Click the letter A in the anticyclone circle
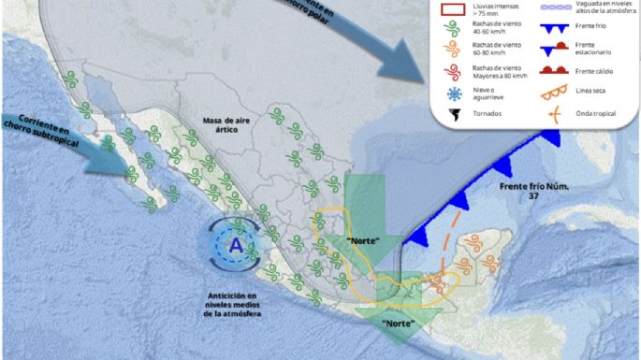[237, 247]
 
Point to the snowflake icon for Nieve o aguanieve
[455, 94]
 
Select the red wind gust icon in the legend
[455, 70]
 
